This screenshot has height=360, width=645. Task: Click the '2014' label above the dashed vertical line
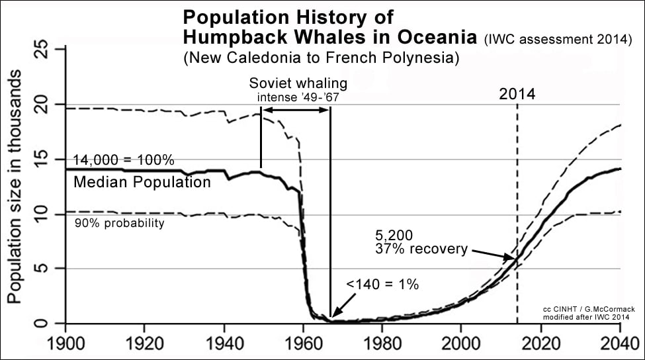click(x=517, y=94)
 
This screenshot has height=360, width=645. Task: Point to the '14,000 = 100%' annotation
click(x=124, y=161)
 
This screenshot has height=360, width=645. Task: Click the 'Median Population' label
click(x=142, y=182)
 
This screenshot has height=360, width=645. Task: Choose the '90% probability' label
click(x=118, y=224)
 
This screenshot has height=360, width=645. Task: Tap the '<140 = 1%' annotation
click(x=382, y=285)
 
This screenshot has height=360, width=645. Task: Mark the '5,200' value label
click(x=390, y=236)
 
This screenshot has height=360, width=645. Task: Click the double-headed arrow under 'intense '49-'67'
click(x=296, y=109)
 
